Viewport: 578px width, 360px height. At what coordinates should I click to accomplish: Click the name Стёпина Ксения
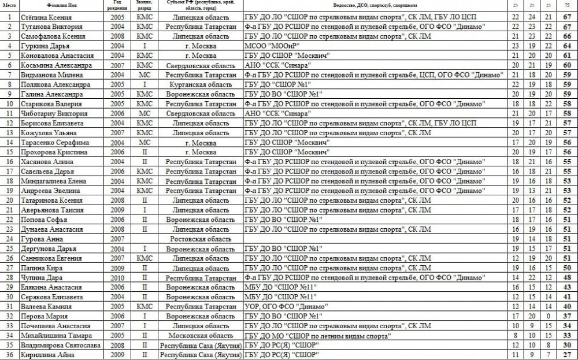coord(42,17)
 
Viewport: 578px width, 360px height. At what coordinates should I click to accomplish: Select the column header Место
coord(9,5)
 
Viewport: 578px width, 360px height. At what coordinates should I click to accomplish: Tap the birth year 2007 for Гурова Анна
coord(117,238)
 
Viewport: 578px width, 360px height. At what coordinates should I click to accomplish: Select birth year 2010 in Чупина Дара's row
coord(117,277)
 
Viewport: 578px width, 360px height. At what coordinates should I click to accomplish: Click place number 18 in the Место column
coord(9,180)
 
